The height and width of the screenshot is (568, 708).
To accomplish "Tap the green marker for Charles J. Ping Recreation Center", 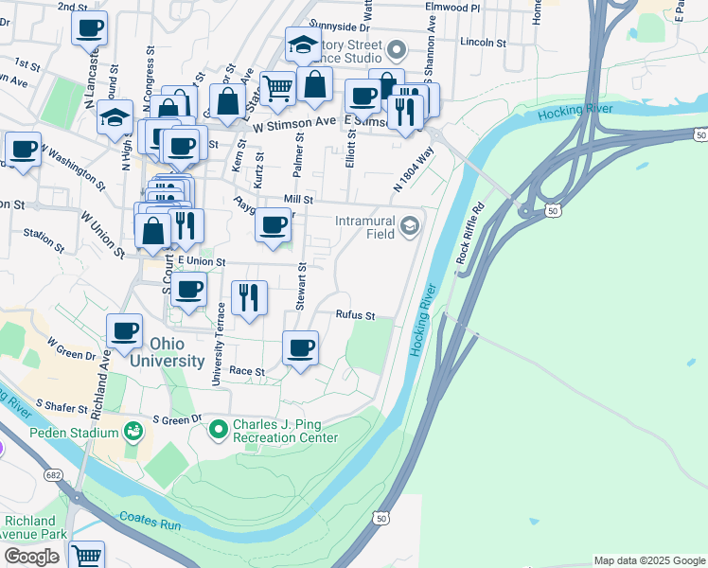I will [219, 431].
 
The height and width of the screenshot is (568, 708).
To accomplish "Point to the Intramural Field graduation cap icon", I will [410, 224].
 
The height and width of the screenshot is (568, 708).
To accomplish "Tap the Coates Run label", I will [145, 519].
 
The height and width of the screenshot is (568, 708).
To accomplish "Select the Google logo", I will [31, 557].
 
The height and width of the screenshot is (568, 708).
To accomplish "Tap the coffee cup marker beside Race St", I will [301, 347].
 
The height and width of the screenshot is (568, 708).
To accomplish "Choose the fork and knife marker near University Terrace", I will [249, 297].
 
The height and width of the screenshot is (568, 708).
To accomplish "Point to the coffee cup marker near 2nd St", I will [89, 27].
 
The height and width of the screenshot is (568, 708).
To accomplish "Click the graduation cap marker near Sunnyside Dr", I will [303, 44].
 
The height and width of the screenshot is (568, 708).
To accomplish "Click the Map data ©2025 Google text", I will [649, 560].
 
